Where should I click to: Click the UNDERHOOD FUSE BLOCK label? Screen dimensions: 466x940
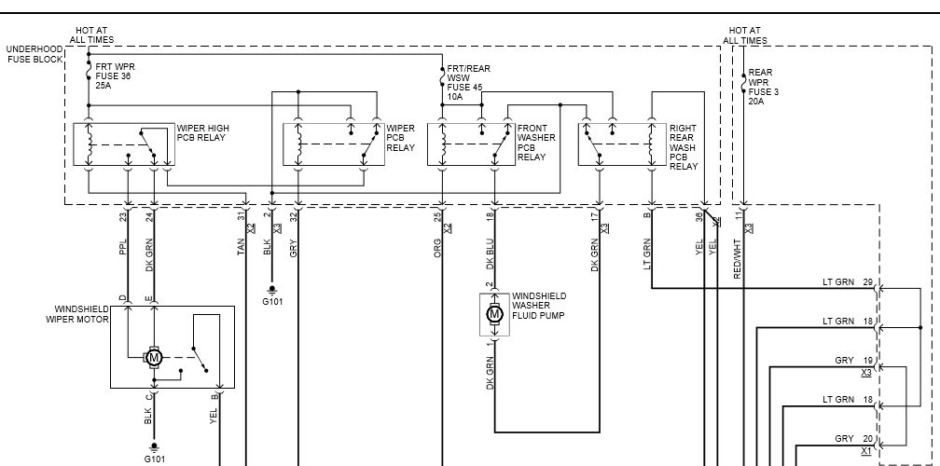click(35, 53)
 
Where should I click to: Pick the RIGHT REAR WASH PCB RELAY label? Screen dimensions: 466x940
click(684, 147)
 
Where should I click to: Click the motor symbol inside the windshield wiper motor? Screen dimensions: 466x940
click(155, 357)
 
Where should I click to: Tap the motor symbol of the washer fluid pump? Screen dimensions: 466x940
click(494, 314)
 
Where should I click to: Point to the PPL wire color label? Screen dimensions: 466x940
click(122, 251)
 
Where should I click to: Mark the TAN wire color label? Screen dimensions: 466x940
click(241, 248)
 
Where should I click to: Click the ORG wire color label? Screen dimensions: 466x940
click(437, 248)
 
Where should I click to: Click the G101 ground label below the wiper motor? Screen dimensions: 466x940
click(155, 459)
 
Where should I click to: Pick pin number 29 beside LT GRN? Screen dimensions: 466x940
click(867, 281)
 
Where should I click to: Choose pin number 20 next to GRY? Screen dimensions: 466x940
click(867, 438)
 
